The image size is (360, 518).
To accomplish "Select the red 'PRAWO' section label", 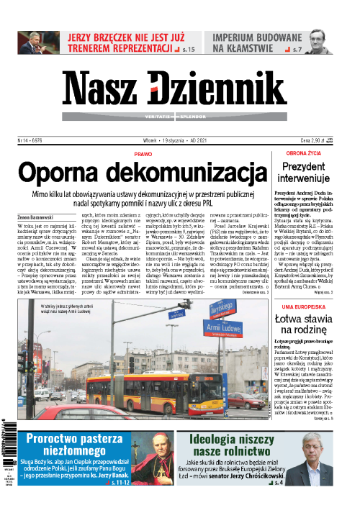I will coord(143,154).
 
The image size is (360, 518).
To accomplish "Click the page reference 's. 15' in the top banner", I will coord(189,50).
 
